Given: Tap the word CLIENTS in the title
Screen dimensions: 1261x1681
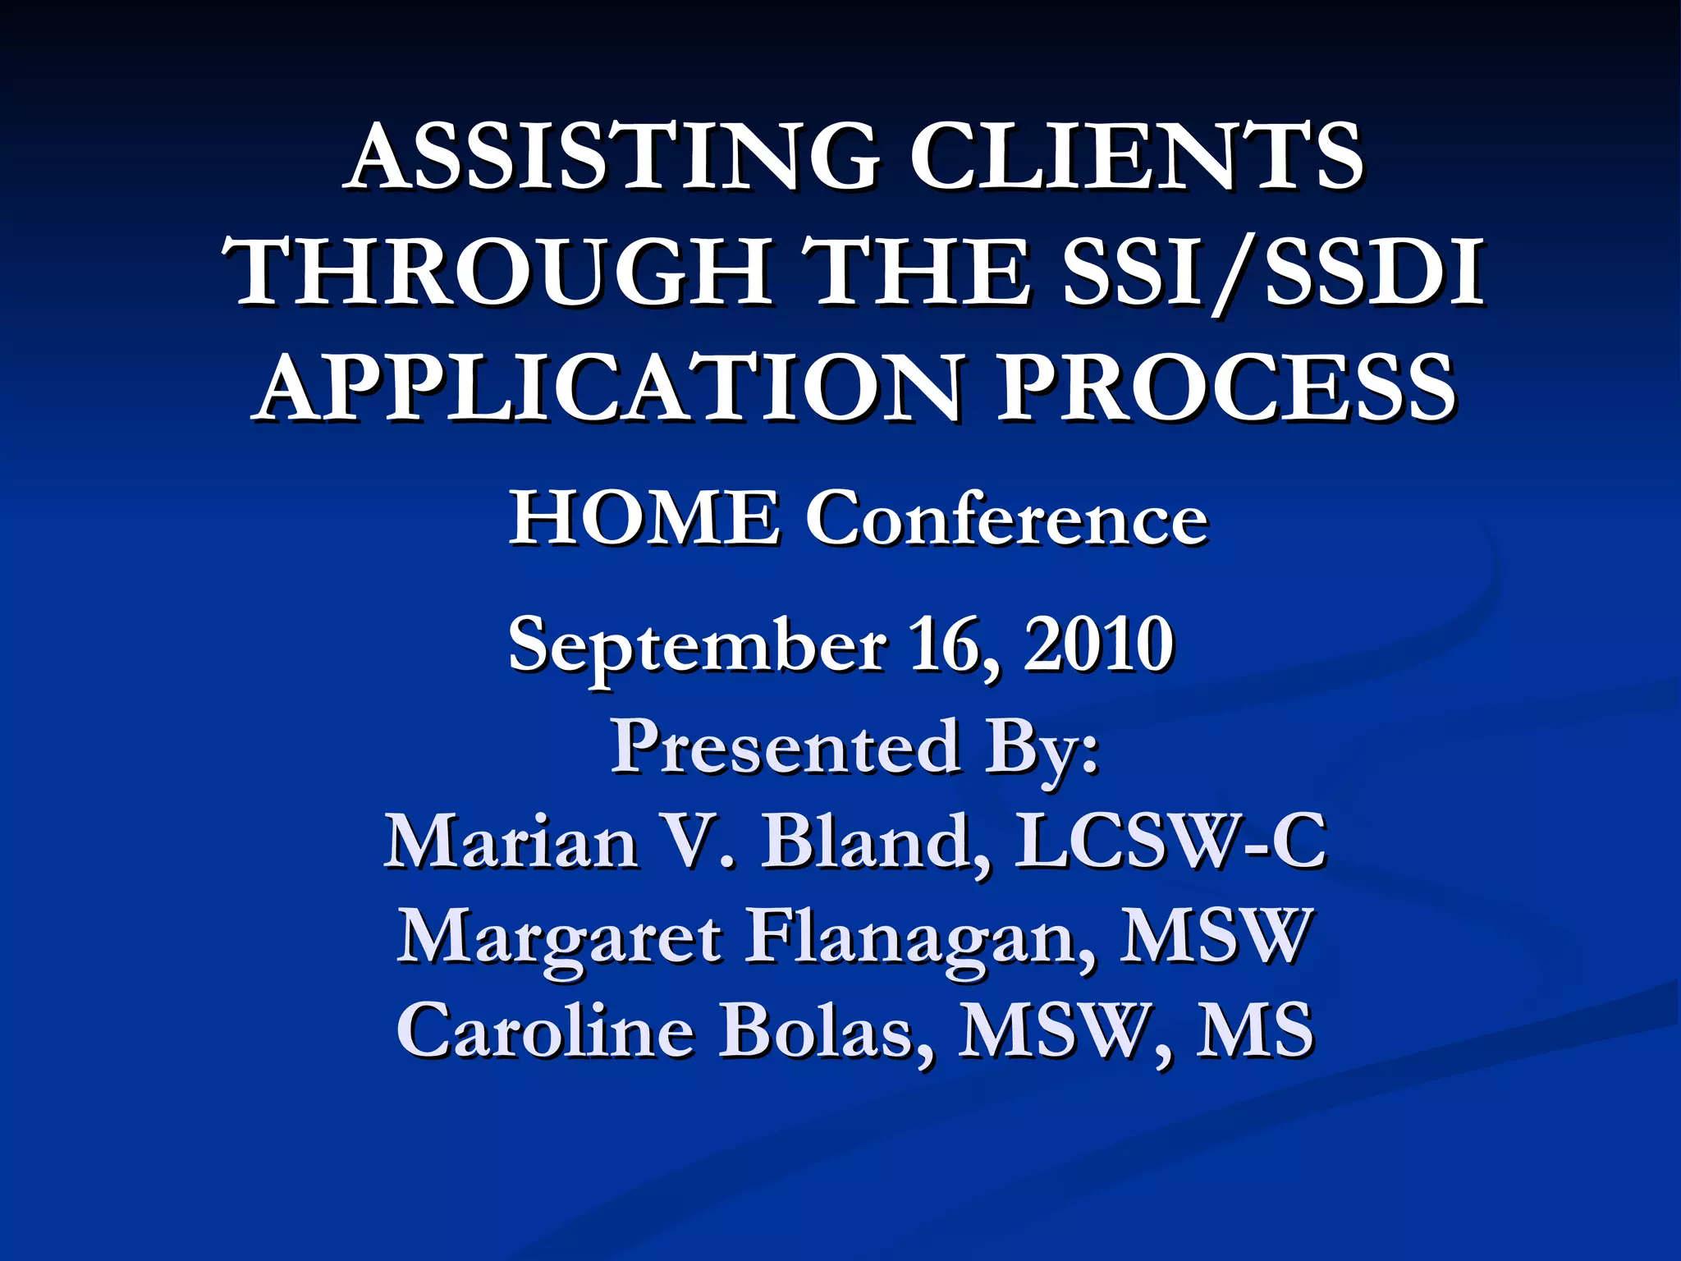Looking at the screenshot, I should pyautogui.click(x=1136, y=156).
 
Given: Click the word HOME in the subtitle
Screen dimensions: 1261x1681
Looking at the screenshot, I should pyautogui.click(x=644, y=519).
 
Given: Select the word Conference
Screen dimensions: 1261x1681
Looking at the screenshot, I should pyautogui.click(x=1006, y=519).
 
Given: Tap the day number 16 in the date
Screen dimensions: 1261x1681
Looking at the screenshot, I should pyautogui.click(x=952, y=645).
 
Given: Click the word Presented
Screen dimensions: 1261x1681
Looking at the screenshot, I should pyautogui.click(x=785, y=747).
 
